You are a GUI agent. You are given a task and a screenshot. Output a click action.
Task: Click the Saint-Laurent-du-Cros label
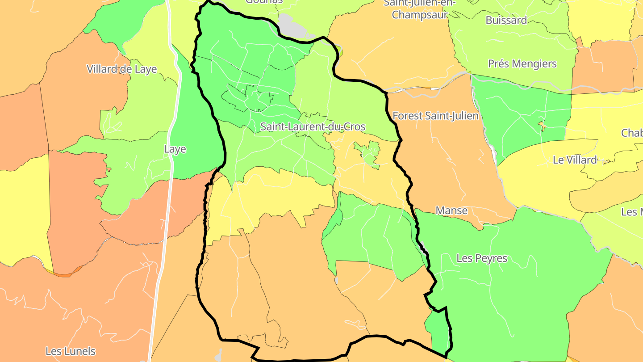pos(313,127)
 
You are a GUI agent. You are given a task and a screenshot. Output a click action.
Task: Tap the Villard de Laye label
pos(122,69)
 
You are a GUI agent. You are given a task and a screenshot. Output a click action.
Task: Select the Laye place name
pos(175,149)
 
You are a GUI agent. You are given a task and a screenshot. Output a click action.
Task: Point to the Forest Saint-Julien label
pos(435,116)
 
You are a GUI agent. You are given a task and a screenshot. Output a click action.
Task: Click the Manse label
pos(451,210)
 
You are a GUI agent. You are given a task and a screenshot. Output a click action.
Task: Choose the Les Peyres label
pos(482,258)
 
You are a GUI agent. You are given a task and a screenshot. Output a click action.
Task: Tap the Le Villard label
pos(575,160)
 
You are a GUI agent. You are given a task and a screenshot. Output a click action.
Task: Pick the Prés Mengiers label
pos(522,64)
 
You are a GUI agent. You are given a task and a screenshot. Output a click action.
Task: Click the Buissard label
pos(506,20)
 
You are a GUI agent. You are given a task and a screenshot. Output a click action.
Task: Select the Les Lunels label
pos(71,351)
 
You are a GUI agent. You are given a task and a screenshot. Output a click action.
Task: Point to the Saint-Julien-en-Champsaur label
pos(420,9)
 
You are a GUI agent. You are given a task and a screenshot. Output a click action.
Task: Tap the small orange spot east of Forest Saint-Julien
pos(543,126)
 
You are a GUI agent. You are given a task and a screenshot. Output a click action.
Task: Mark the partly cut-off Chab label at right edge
pos(632,133)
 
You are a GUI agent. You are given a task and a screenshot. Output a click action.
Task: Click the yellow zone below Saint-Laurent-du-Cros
pos(268,197)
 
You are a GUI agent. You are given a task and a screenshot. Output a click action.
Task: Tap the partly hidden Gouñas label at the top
pos(264,2)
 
